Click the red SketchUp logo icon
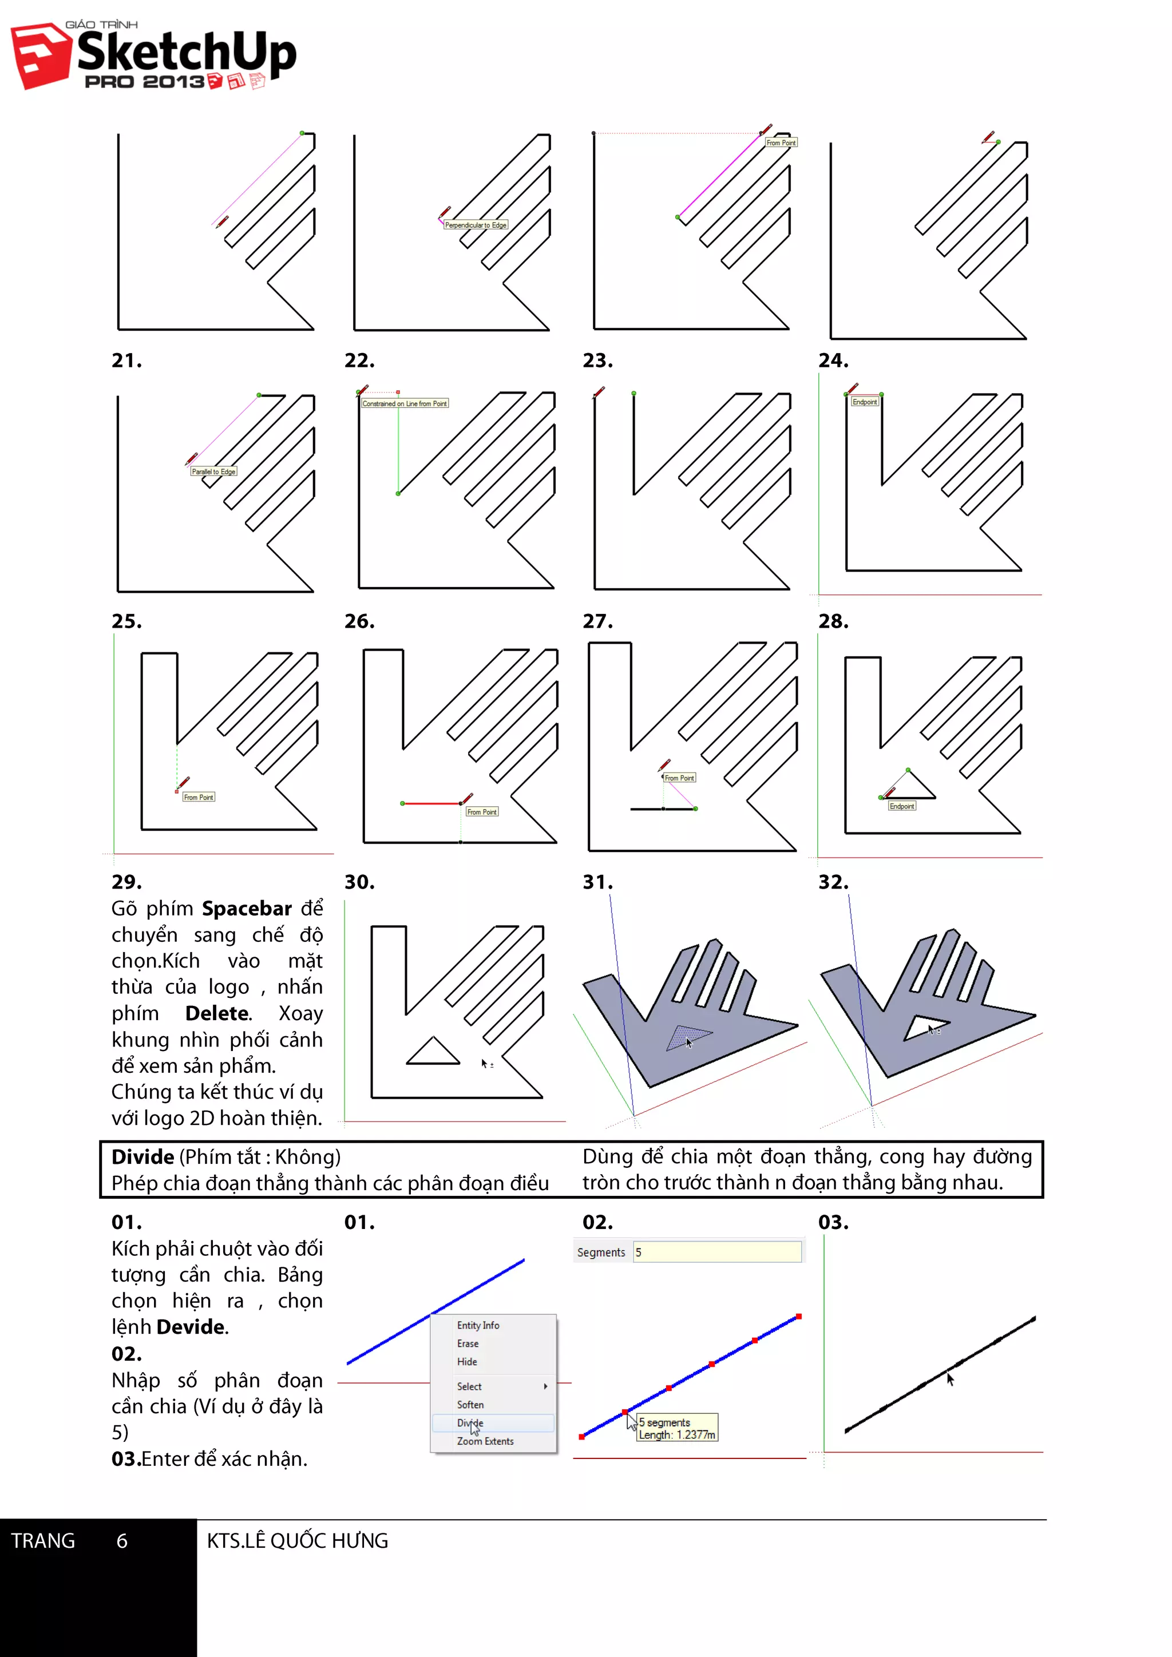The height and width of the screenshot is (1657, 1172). (39, 56)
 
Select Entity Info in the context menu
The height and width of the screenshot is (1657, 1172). (478, 1325)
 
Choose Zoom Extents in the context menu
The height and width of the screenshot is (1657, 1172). (485, 1441)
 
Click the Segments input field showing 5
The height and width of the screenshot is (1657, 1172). (716, 1252)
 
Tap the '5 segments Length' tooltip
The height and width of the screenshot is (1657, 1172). (676, 1428)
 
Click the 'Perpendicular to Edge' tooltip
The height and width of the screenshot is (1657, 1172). (476, 225)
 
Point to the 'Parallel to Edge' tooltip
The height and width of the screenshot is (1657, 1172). (213, 471)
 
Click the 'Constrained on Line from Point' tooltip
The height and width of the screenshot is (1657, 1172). (404, 403)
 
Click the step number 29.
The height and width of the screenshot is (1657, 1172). (126, 882)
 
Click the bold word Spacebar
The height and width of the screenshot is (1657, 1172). (246, 909)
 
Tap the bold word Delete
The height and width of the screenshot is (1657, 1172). (217, 1013)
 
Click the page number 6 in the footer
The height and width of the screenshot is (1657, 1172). (122, 1541)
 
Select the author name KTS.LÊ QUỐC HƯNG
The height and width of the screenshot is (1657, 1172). (298, 1541)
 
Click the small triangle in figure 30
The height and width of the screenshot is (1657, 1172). (433, 1054)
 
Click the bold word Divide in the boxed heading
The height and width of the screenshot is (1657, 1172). (142, 1157)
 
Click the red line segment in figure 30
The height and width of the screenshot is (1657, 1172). (431, 803)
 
